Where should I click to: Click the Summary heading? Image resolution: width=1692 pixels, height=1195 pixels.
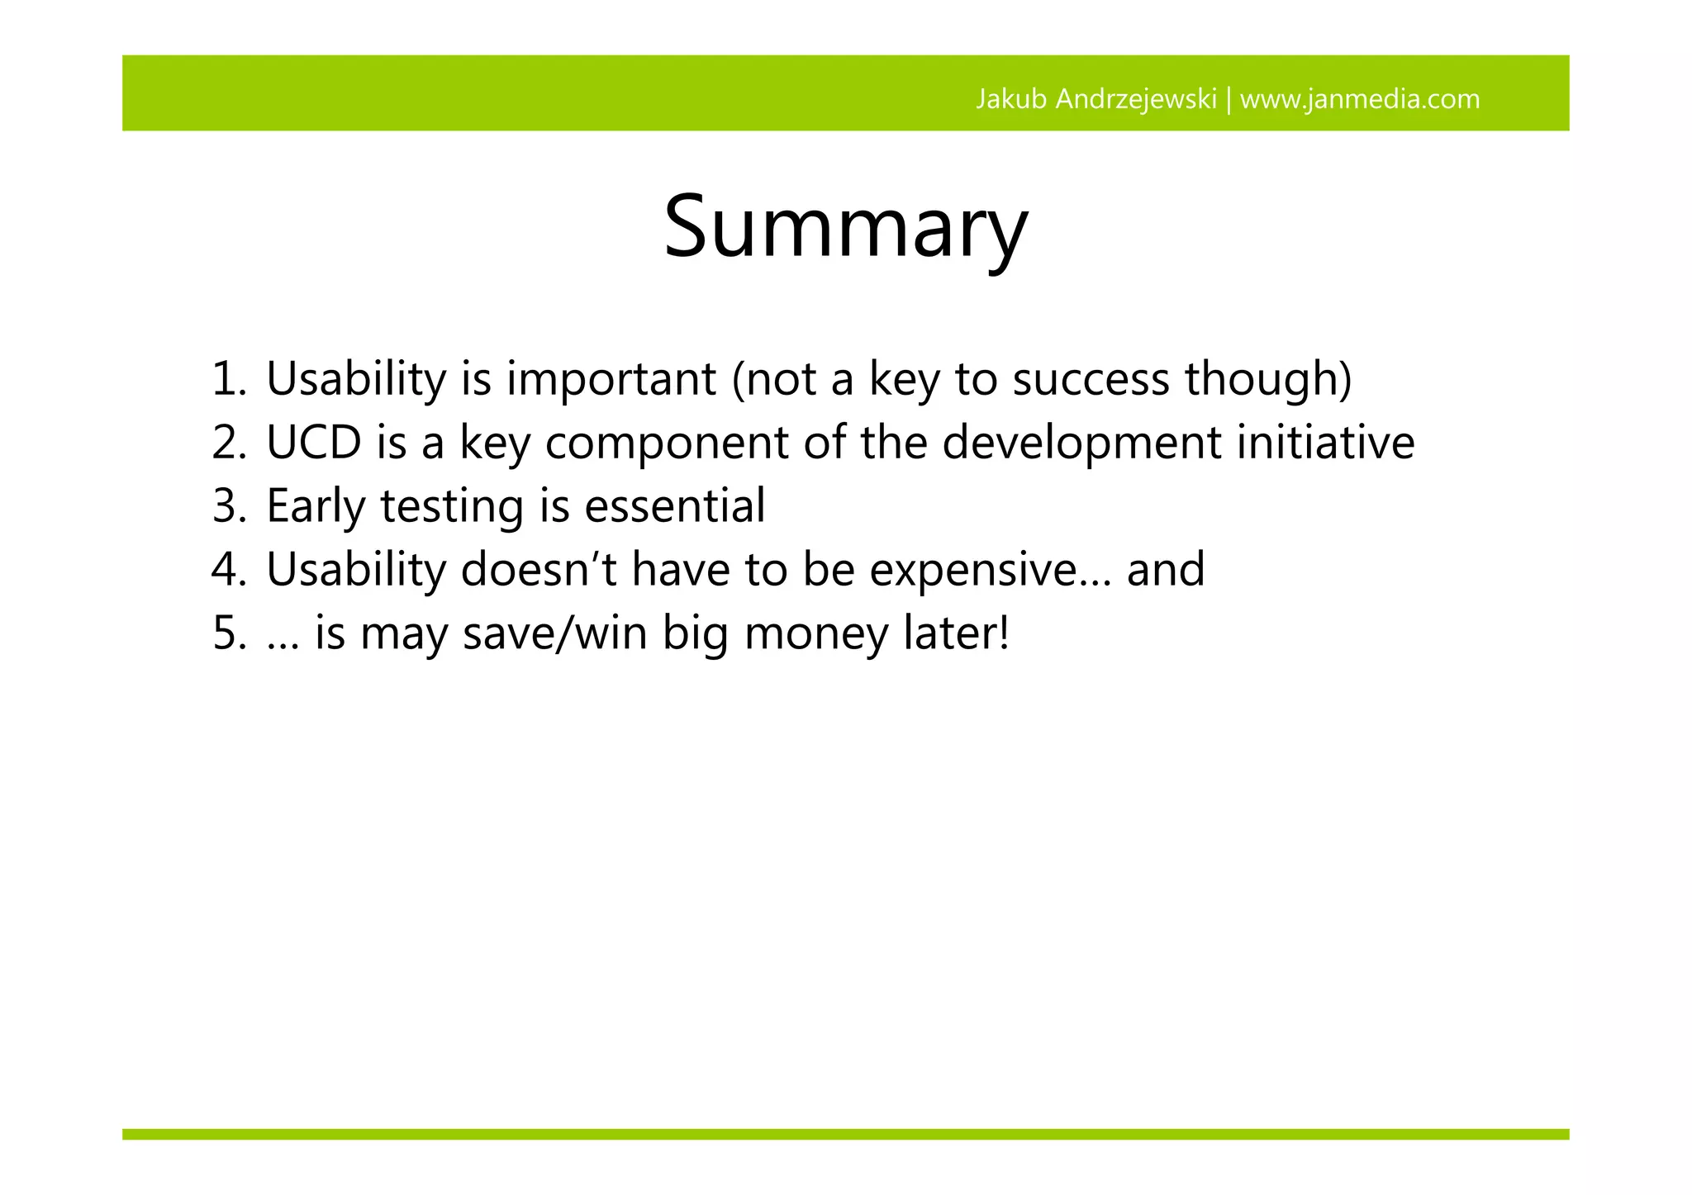point(845,226)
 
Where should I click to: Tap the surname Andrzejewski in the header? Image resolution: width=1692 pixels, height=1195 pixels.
point(1136,99)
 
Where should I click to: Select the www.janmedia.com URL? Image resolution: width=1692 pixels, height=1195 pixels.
point(1360,99)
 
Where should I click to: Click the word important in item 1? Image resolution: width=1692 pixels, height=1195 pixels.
point(611,379)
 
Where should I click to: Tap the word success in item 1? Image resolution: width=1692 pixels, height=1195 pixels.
point(1091,379)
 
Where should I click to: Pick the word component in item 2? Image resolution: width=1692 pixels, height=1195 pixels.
point(667,444)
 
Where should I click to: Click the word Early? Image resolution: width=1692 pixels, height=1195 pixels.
point(315,506)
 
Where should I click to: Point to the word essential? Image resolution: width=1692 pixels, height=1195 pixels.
point(674,506)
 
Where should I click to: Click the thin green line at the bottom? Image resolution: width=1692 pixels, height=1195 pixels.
point(845,1134)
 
